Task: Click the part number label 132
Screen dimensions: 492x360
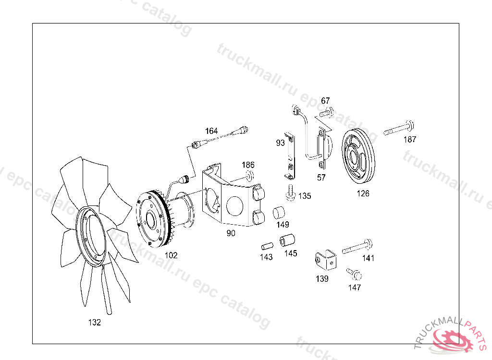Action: coord(95,323)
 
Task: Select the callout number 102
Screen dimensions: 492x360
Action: coord(171,255)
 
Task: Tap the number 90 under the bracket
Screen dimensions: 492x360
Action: coord(231,233)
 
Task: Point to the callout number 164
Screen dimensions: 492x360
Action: coord(211,131)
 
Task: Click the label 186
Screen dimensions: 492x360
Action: coord(248,165)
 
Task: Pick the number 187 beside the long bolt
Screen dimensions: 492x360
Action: coord(410,139)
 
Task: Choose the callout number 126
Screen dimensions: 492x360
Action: coord(363,193)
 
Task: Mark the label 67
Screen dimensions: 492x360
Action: coord(325,101)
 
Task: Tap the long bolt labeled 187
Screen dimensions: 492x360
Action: coord(398,128)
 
